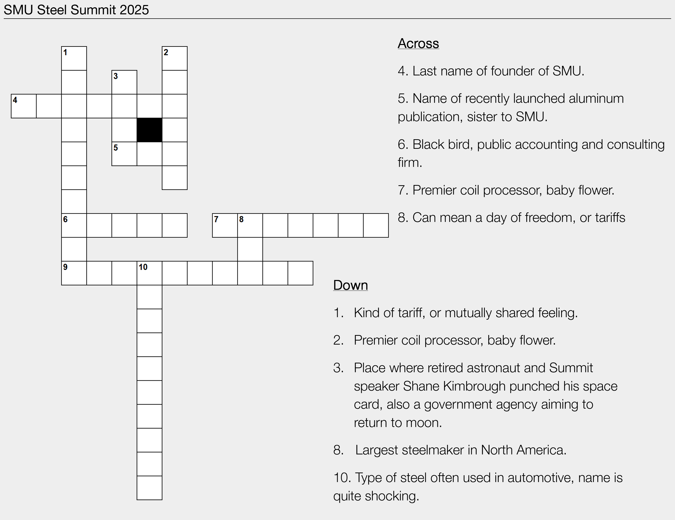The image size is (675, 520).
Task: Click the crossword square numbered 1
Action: (74, 58)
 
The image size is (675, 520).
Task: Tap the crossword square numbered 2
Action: (175, 58)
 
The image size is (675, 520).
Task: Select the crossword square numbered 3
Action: (124, 82)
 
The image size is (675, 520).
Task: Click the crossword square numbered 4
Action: (24, 106)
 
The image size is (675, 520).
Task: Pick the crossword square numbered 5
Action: (124, 154)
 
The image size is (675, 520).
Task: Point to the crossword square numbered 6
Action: (74, 225)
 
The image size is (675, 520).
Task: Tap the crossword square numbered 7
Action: (225, 225)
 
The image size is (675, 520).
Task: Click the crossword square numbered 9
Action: (74, 273)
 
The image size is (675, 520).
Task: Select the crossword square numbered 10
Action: (149, 273)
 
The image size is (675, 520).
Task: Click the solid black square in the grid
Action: (149, 130)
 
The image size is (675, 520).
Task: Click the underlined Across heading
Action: (418, 43)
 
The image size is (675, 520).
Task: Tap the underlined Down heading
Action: (350, 285)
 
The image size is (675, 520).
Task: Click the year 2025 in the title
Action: (134, 10)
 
